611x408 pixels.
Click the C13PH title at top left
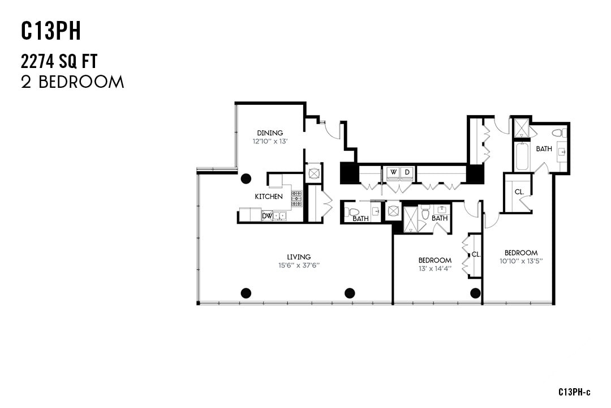point(51,32)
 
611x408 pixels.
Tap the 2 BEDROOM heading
point(72,82)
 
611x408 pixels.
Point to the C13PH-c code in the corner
point(574,392)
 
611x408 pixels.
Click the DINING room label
point(270,133)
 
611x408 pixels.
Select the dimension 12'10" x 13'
point(270,141)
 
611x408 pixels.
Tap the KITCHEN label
point(269,197)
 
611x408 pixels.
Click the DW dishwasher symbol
point(266,216)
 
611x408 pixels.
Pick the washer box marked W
point(393,172)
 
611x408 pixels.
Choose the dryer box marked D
point(407,172)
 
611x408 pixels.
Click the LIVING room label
point(299,257)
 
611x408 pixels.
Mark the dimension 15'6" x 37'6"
point(299,265)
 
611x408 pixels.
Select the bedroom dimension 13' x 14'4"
point(434,268)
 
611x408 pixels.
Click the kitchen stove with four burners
point(296,198)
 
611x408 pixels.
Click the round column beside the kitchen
point(246,178)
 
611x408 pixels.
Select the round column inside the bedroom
point(475,293)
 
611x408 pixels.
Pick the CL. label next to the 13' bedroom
point(476,254)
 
